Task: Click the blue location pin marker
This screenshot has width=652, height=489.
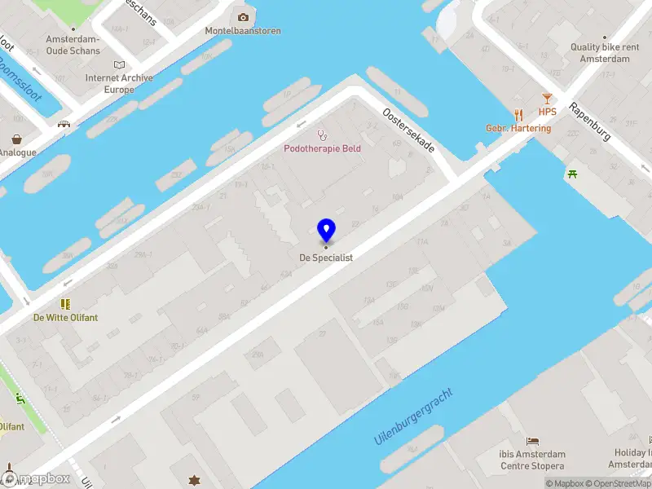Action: tap(326, 231)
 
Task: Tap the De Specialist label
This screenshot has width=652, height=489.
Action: tap(326, 258)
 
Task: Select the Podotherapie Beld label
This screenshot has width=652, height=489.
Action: tap(322, 148)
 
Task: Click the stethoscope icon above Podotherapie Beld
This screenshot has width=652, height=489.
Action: tap(322, 134)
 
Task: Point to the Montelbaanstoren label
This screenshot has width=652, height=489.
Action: tap(243, 31)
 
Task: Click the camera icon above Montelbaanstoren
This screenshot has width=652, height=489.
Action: tap(243, 17)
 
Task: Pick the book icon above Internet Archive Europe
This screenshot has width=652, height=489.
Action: tap(121, 64)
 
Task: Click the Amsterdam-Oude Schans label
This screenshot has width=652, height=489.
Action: tap(73, 45)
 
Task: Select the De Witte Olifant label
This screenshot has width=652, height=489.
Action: tap(65, 317)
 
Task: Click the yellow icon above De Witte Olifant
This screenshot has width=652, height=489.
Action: tap(65, 303)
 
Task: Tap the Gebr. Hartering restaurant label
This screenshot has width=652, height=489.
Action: tap(518, 128)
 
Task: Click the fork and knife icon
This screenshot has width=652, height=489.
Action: tap(518, 115)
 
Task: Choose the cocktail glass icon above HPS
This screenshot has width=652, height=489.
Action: tap(547, 99)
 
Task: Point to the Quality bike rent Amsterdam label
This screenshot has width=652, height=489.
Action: tap(605, 53)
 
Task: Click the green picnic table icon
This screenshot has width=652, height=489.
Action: tap(573, 174)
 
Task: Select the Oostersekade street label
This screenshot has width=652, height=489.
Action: tap(409, 132)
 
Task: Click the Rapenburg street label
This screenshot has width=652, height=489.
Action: tap(590, 121)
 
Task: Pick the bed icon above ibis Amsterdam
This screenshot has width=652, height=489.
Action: tap(533, 441)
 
